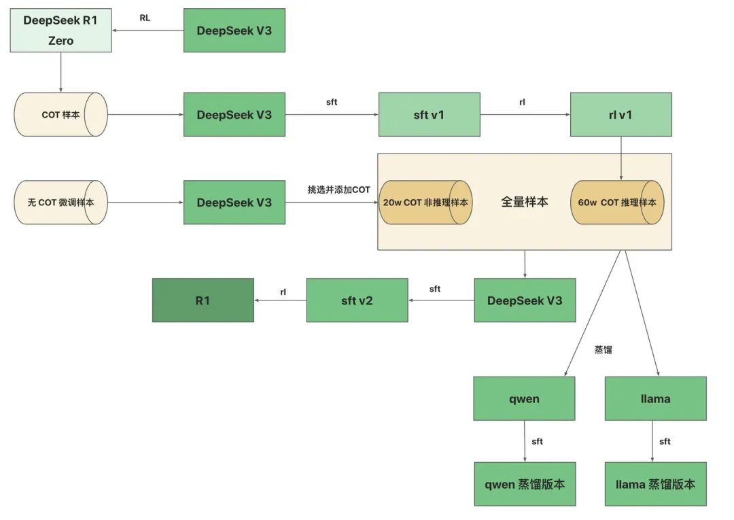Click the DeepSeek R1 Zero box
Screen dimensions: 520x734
click(x=60, y=31)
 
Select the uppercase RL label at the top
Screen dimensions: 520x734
click(x=145, y=18)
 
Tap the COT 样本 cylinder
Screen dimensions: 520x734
click(x=60, y=115)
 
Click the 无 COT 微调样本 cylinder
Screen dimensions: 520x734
click(x=60, y=203)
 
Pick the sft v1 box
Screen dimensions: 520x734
click(x=429, y=115)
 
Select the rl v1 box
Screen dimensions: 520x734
click(x=621, y=115)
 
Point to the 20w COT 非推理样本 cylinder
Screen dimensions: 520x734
click(x=425, y=203)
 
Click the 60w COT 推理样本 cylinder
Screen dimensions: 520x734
click(x=617, y=203)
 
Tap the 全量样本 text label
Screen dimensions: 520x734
click(x=524, y=202)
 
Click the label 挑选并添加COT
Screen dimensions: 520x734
click(x=338, y=190)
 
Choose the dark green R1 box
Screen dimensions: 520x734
click(x=203, y=300)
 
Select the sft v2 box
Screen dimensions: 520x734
click(x=357, y=300)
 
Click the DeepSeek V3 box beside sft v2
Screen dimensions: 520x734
click(x=525, y=300)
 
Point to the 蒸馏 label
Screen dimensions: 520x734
click(x=604, y=350)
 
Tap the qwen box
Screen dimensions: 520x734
click(x=524, y=398)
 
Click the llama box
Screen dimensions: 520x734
click(x=655, y=398)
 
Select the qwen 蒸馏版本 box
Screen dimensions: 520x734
click(x=525, y=484)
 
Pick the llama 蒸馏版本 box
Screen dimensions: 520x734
click(x=655, y=484)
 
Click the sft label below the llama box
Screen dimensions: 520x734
click(x=665, y=441)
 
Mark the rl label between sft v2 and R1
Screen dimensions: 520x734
click(x=283, y=292)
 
